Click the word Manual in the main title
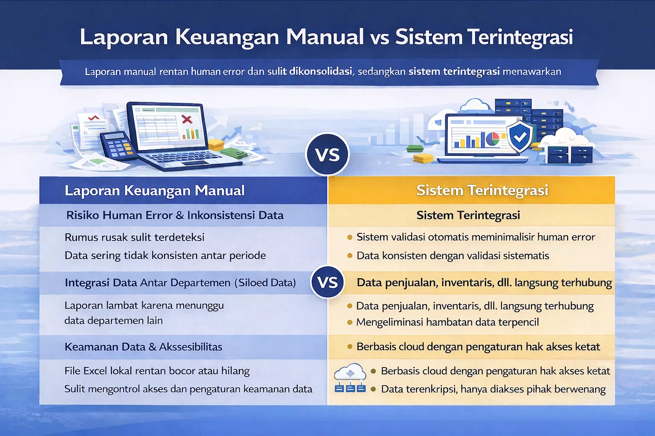click(325, 37)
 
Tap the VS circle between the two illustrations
click(327, 154)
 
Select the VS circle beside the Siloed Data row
click(327, 282)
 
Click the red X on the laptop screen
click(187, 119)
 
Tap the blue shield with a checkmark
click(520, 136)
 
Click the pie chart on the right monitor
click(493, 138)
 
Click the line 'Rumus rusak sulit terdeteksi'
click(134, 237)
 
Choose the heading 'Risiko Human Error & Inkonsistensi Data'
click(175, 215)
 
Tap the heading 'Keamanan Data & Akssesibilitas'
click(143, 347)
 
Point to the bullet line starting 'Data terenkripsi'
click(493, 389)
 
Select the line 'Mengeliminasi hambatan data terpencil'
click(447, 322)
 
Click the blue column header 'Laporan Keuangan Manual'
click(154, 190)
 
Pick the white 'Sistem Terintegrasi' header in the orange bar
click(482, 190)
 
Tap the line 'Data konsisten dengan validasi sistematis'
click(452, 256)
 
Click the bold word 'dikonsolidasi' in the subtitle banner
click(321, 72)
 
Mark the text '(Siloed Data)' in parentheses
click(265, 283)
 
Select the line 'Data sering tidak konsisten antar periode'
click(165, 255)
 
